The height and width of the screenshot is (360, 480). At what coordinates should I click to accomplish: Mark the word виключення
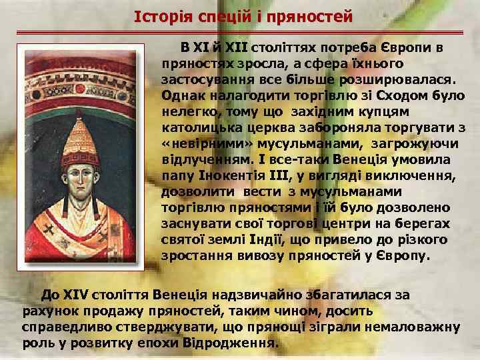coord(412,176)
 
